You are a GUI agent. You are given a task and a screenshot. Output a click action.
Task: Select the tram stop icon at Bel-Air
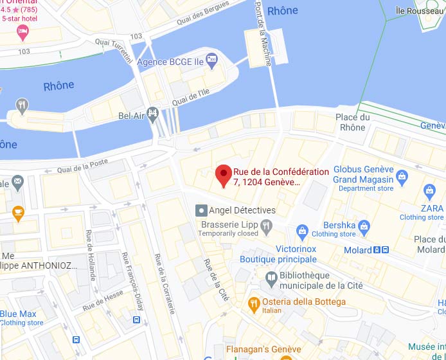pyautogui.click(x=153, y=115)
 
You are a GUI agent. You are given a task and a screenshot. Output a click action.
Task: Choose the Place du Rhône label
pyautogui.click(x=353, y=122)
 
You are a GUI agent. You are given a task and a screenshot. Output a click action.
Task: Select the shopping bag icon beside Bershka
pyautogui.click(x=364, y=226)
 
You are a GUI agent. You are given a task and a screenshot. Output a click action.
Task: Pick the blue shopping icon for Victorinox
pyautogui.click(x=302, y=231)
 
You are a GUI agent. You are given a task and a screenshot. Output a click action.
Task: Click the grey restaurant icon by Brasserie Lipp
pyautogui.click(x=266, y=224)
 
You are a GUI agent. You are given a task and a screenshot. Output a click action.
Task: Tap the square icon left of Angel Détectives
pyautogui.click(x=201, y=210)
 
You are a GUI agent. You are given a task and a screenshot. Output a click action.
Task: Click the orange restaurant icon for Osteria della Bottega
pyautogui.click(x=254, y=302)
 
